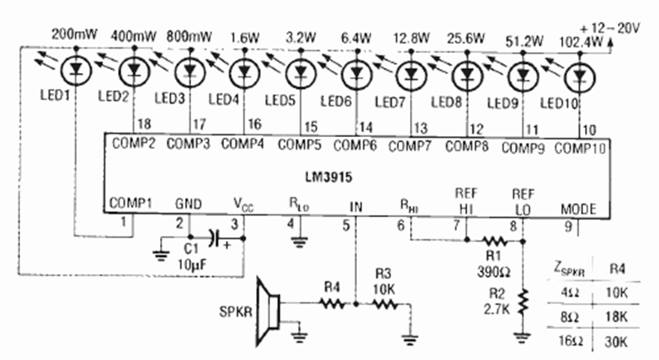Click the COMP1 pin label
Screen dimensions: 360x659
(129, 204)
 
